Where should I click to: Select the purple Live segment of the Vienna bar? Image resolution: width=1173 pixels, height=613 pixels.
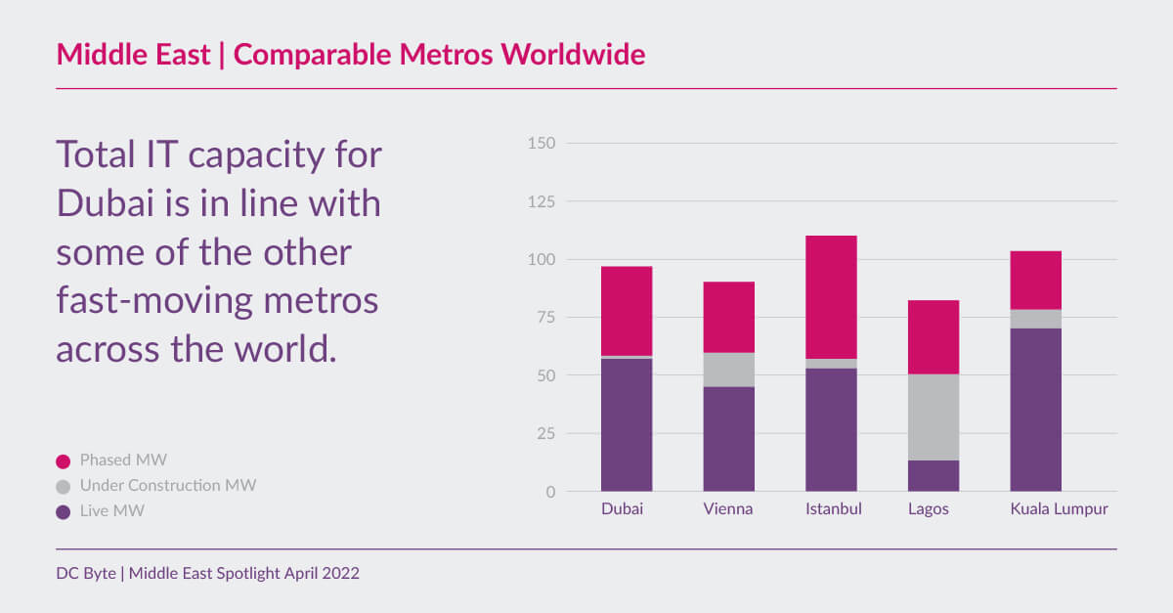point(729,439)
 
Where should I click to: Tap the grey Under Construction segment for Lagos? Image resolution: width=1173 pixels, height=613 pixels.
point(934,417)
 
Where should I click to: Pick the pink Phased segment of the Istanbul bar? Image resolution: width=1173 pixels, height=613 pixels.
point(831,297)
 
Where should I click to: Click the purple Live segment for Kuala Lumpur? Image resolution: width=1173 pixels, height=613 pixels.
point(1035,410)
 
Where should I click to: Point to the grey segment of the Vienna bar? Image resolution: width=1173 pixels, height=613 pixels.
point(729,370)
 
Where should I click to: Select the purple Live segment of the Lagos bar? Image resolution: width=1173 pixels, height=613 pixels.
point(934,475)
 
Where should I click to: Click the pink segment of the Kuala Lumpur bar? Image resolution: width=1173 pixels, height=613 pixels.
point(1035,281)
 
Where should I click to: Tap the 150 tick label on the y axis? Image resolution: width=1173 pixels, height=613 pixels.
point(541,144)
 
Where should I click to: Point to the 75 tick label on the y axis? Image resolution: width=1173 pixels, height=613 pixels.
point(544,318)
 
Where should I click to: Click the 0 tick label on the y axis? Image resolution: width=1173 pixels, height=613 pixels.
point(550,492)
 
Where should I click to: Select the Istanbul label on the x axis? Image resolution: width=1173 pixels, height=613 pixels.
point(833,509)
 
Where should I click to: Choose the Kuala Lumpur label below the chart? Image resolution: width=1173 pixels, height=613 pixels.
point(1059,509)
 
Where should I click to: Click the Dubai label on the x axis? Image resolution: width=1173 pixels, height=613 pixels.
point(622,509)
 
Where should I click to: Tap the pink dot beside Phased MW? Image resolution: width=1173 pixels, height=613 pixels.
point(64,460)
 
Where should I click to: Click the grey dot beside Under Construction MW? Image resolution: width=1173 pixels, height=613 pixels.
point(64,485)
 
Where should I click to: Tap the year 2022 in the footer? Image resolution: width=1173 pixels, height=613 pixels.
point(340,574)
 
